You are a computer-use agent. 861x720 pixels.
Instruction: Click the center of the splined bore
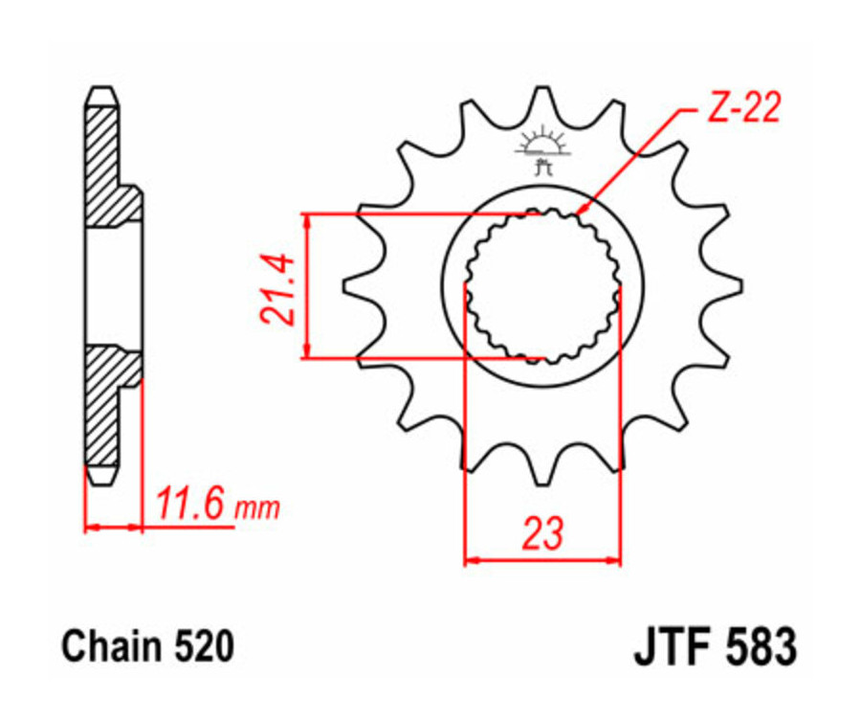(x=542, y=283)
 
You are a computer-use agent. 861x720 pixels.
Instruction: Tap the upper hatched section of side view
(x=103, y=158)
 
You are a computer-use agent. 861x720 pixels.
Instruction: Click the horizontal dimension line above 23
(x=542, y=559)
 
